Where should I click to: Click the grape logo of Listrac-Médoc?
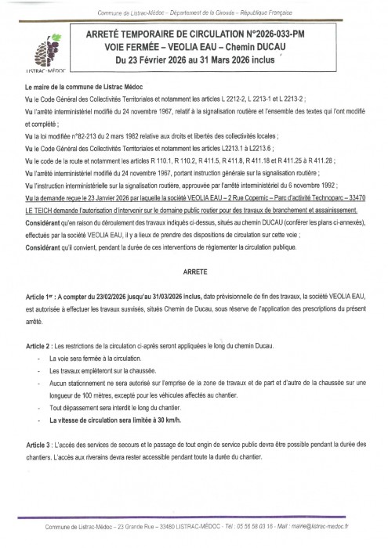click(50, 53)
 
